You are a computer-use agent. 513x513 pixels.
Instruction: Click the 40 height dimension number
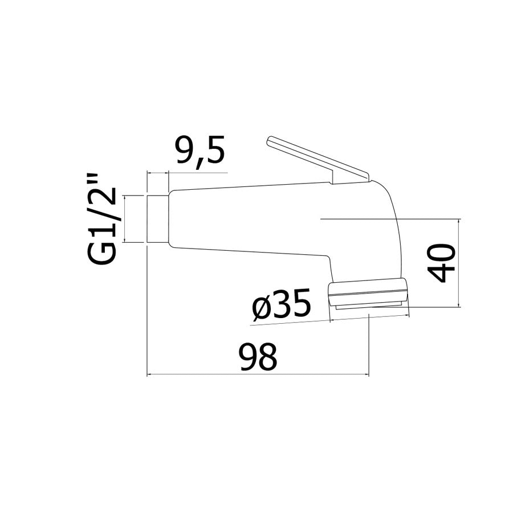(442, 263)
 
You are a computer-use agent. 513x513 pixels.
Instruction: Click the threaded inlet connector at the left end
(158, 219)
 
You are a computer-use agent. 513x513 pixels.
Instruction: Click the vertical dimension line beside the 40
(459, 263)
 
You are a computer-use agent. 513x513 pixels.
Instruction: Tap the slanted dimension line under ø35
(291, 321)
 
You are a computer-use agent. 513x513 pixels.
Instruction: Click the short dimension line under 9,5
(188, 172)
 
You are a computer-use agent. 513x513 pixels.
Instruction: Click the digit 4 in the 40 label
(442, 273)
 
